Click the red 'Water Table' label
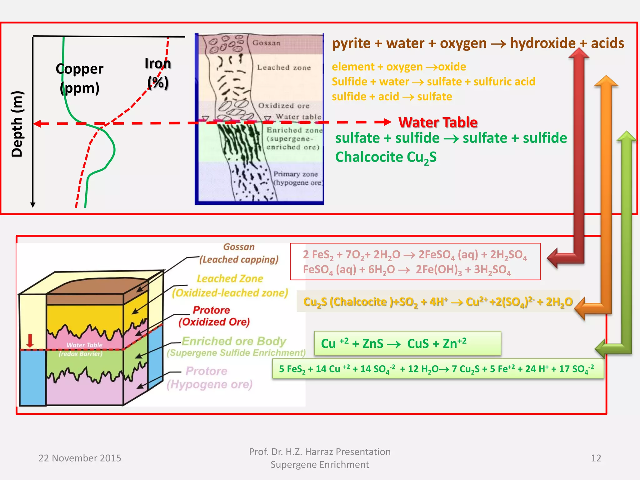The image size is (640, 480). [438, 122]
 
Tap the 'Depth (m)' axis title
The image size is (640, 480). [17, 124]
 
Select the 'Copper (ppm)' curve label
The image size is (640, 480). [79, 78]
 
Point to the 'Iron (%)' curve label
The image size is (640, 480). [158, 73]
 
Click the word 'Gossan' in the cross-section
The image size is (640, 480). [266, 43]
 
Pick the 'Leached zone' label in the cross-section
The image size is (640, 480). [284, 67]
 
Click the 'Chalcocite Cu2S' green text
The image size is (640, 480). [386, 157]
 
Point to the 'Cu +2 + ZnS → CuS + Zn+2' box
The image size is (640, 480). [407, 343]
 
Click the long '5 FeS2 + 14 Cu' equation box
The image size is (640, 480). [437, 369]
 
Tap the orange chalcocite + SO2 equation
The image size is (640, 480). [438, 302]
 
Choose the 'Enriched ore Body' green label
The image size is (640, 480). [234, 341]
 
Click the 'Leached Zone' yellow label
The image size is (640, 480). [230, 278]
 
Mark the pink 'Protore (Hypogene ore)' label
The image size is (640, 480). [209, 377]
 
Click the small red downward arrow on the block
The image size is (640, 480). [30, 340]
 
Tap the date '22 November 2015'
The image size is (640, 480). [80, 458]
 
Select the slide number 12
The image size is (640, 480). [596, 458]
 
